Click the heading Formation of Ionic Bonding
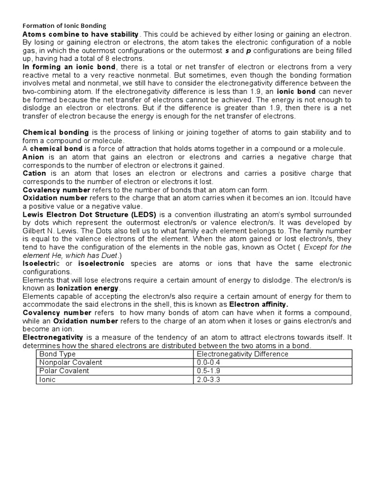tap(64, 25)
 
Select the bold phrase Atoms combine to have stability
tap(81, 34)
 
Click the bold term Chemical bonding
tap(56, 132)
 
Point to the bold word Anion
tap(33, 157)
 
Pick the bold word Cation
tap(34, 173)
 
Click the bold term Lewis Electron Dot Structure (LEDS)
tap(89, 214)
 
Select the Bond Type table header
tap(55, 354)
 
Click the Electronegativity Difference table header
tap(242, 354)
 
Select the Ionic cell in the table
tap(47, 379)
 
